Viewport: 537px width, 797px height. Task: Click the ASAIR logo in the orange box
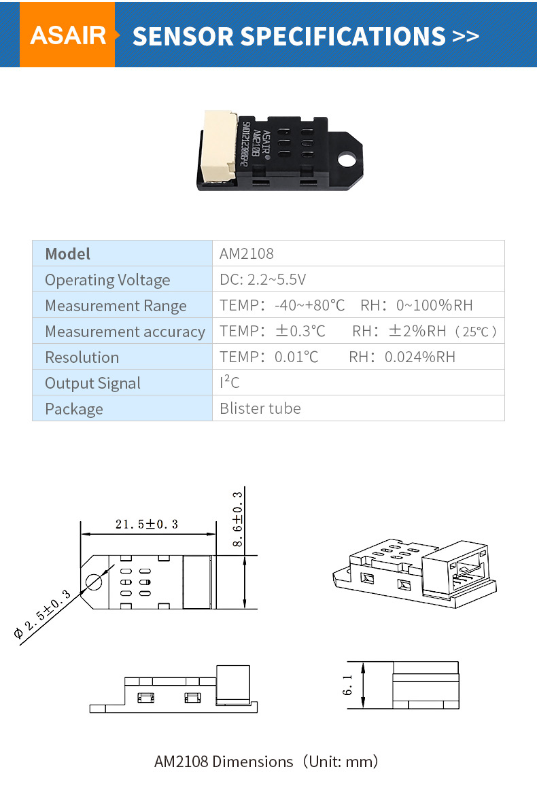[68, 35]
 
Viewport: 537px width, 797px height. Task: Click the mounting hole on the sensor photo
[347, 162]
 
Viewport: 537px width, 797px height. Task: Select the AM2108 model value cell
[247, 254]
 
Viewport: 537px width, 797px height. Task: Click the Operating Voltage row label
[107, 280]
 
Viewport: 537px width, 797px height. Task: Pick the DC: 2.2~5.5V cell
[262, 280]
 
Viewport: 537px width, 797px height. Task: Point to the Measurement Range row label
[116, 306]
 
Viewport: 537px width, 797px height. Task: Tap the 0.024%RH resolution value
[419, 357]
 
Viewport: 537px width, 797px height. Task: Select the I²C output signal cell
[230, 383]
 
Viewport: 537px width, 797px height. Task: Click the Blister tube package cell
[260, 408]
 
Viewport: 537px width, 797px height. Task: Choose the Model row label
[67, 254]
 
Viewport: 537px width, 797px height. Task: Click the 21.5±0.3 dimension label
[146, 524]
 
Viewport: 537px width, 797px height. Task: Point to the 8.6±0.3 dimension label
[237, 518]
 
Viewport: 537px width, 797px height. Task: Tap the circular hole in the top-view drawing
[93, 582]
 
